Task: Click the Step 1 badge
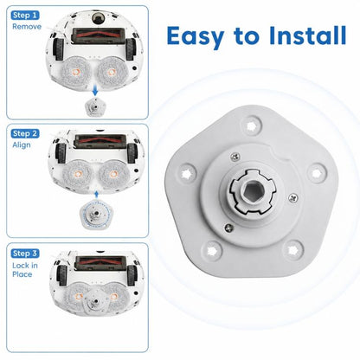25,16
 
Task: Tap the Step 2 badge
25,133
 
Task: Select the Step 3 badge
25,254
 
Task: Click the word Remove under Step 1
27,27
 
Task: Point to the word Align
22,145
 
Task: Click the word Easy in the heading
196,36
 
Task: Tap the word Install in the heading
307,35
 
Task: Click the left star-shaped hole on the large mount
188,173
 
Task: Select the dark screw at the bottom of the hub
228,228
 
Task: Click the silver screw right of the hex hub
292,198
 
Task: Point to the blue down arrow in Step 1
95,92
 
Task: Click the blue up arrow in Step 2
96,195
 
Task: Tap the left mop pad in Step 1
76,72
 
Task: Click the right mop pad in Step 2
112,174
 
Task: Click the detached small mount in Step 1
95,106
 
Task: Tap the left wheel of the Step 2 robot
61,152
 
